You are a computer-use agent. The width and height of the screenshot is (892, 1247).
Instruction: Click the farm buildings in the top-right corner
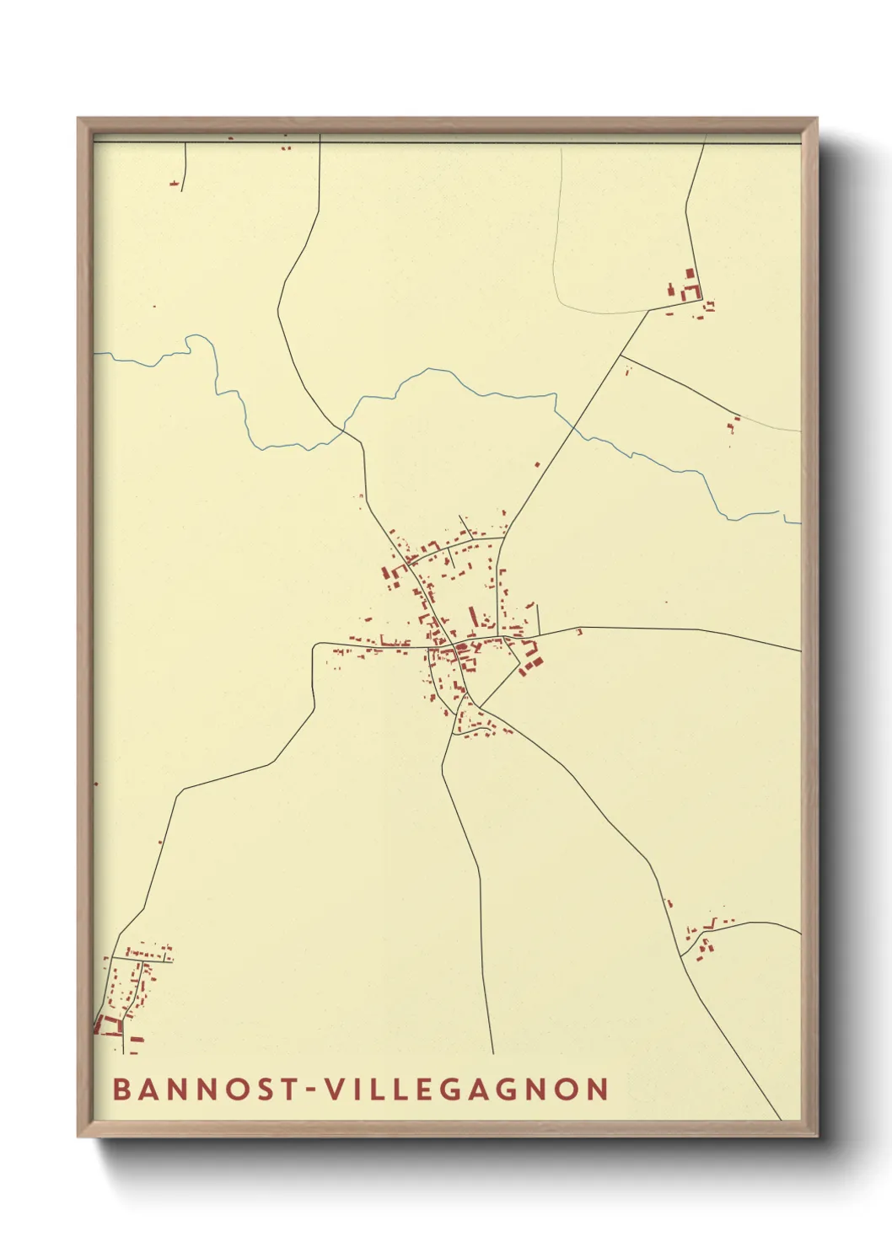pyautogui.click(x=687, y=289)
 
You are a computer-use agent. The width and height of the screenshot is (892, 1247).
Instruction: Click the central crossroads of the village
pyautogui.click(x=454, y=647)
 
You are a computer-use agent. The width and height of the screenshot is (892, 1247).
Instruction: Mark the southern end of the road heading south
pyautogui.click(x=493, y=1053)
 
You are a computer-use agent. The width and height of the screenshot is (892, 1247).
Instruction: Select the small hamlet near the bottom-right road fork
pyautogui.click(x=704, y=939)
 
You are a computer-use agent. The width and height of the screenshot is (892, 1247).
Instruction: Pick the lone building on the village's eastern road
pyautogui.click(x=578, y=631)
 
